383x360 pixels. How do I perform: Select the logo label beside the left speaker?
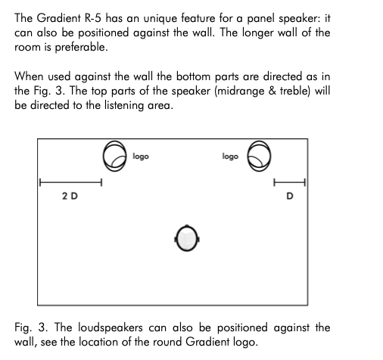141,157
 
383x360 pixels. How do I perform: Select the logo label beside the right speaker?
230,157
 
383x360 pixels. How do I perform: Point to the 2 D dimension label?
70,196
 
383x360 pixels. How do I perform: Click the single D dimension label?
290,196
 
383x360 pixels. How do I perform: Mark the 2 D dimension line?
70,182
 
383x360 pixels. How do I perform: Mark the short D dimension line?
289,182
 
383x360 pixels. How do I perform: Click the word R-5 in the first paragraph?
92,18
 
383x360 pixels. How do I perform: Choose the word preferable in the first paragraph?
81,48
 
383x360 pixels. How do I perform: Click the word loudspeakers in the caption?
110,327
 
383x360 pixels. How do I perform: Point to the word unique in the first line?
160,19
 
